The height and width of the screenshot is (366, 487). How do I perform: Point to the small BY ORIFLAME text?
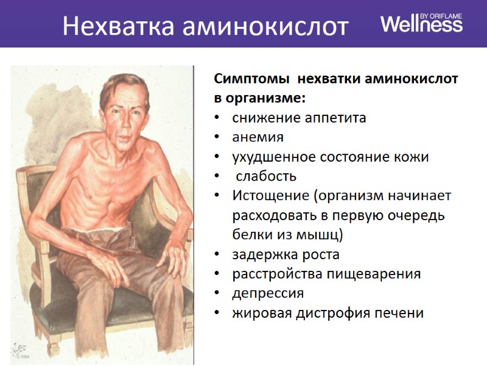pos(444,14)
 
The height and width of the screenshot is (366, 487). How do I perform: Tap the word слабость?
pos(266,176)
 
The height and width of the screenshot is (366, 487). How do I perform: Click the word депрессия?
pos(268,293)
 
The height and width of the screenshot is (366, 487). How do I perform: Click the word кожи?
pos(414,157)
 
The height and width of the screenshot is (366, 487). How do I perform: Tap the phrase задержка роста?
pos(286,254)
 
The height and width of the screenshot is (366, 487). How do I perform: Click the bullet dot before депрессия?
pos(217,294)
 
